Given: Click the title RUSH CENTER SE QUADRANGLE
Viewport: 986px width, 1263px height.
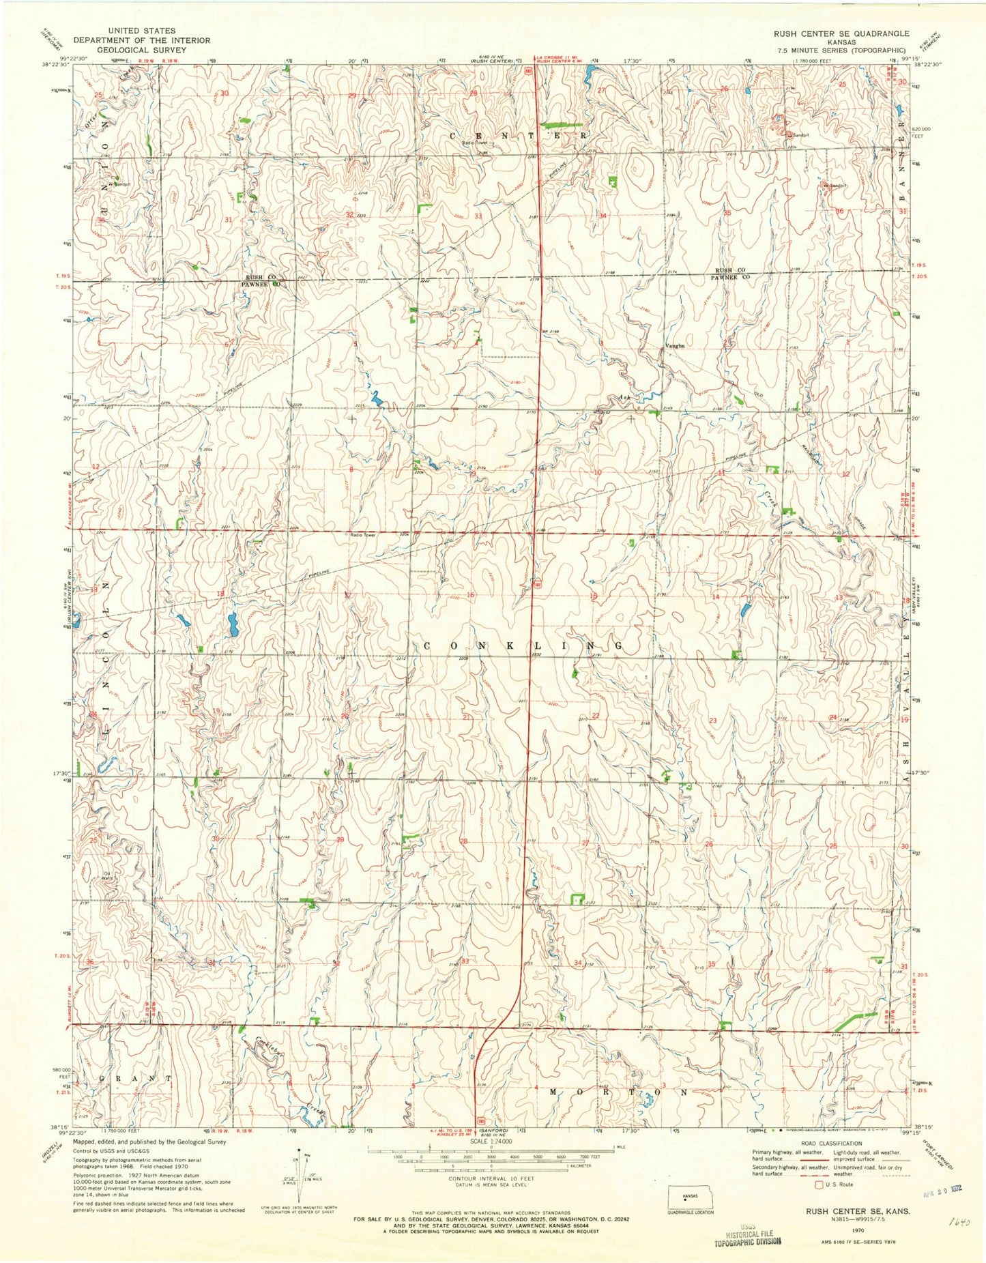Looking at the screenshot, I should (841, 33).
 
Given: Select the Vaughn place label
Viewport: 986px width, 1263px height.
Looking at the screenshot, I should (674, 346).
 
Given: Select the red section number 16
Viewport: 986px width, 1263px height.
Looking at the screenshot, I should (469, 595).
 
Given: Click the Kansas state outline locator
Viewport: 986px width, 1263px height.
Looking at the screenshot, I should (689, 1199).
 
